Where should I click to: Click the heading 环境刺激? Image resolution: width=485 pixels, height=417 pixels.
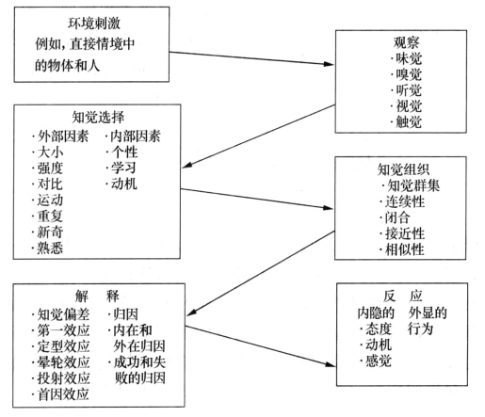pos(94,24)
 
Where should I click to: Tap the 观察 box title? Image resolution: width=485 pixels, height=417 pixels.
pos(406,42)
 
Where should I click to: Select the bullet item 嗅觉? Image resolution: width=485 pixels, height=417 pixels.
pos(409,74)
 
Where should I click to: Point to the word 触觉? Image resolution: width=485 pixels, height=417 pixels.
pos(409,122)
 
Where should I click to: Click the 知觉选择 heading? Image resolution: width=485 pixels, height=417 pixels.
pos(98,118)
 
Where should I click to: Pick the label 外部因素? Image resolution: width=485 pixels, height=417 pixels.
pos(63,136)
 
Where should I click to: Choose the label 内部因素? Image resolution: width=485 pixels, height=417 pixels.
pos(136,136)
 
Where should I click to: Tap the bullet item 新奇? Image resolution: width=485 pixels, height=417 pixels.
pos(50,233)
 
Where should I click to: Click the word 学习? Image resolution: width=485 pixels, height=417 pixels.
pos(123,168)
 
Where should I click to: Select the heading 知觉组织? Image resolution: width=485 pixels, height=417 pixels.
pos(403,169)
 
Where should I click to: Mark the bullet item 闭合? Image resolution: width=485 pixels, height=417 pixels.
pos(397,217)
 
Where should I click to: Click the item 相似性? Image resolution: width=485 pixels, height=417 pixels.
pos(405,249)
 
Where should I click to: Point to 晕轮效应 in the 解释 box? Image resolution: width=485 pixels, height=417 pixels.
pos(64,362)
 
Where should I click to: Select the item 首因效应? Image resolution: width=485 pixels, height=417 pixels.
pos(64,394)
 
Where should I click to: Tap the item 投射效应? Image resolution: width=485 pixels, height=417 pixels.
pos(64,378)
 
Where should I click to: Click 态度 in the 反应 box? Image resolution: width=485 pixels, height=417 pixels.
pos(379,329)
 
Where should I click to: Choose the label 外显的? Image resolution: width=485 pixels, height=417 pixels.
pos(428,313)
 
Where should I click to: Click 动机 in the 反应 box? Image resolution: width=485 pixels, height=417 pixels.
pos(379,345)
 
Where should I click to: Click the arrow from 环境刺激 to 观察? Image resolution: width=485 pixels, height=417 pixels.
pos(251,58)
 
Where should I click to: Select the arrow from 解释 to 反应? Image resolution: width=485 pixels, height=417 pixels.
pos(260,346)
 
